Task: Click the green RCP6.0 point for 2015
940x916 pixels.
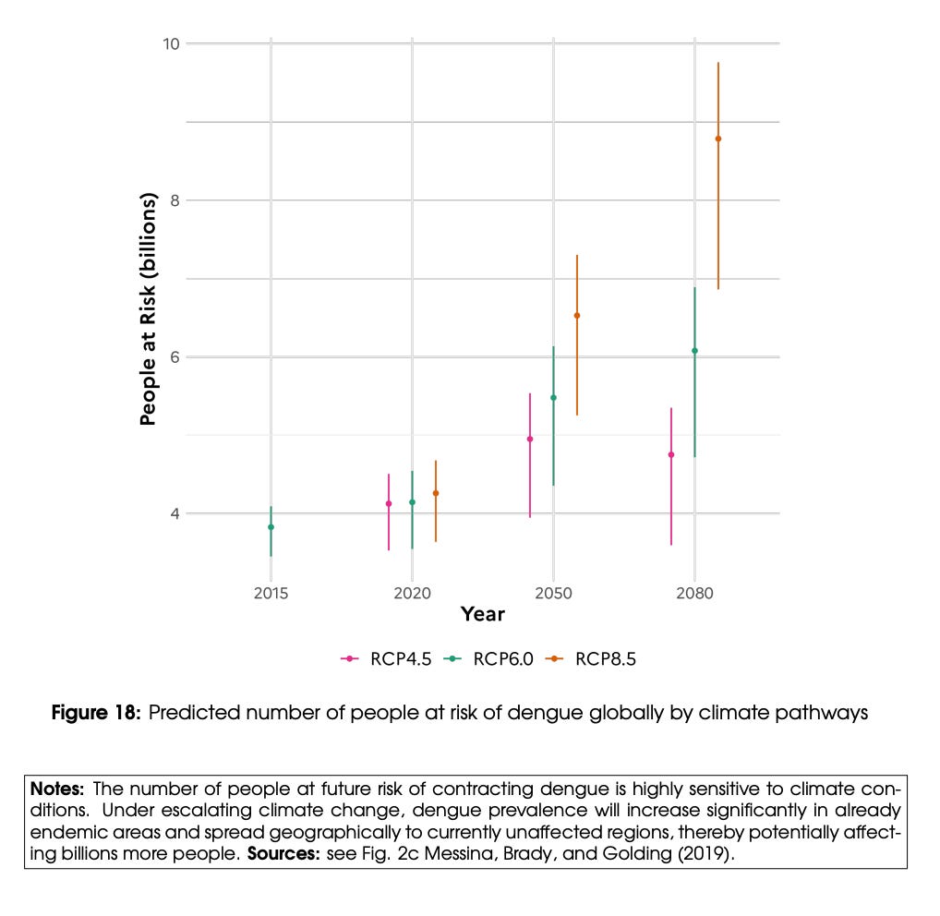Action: pyautogui.click(x=271, y=527)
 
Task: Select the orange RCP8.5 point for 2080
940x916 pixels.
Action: pyautogui.click(x=718, y=139)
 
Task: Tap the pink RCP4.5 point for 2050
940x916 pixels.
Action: pyautogui.click(x=530, y=439)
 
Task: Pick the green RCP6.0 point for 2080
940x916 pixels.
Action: pyautogui.click(x=694, y=351)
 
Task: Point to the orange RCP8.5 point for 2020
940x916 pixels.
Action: pyautogui.click(x=436, y=493)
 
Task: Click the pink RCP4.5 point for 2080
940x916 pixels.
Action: pyautogui.click(x=671, y=454)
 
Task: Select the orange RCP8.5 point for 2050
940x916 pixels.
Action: pyautogui.click(x=577, y=316)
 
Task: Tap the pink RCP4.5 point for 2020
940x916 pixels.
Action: pyautogui.click(x=389, y=503)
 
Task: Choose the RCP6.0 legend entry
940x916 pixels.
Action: pyautogui.click(x=488, y=658)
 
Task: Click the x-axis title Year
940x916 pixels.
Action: pyautogui.click(x=482, y=614)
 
